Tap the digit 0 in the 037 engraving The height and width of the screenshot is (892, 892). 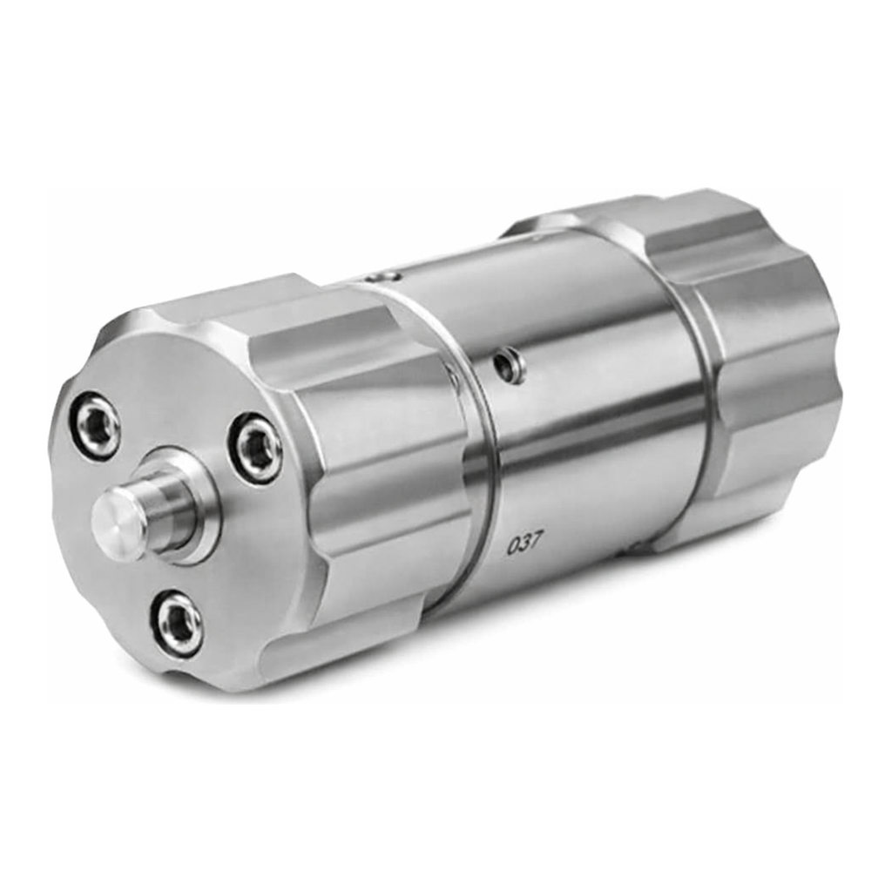[x=512, y=547]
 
